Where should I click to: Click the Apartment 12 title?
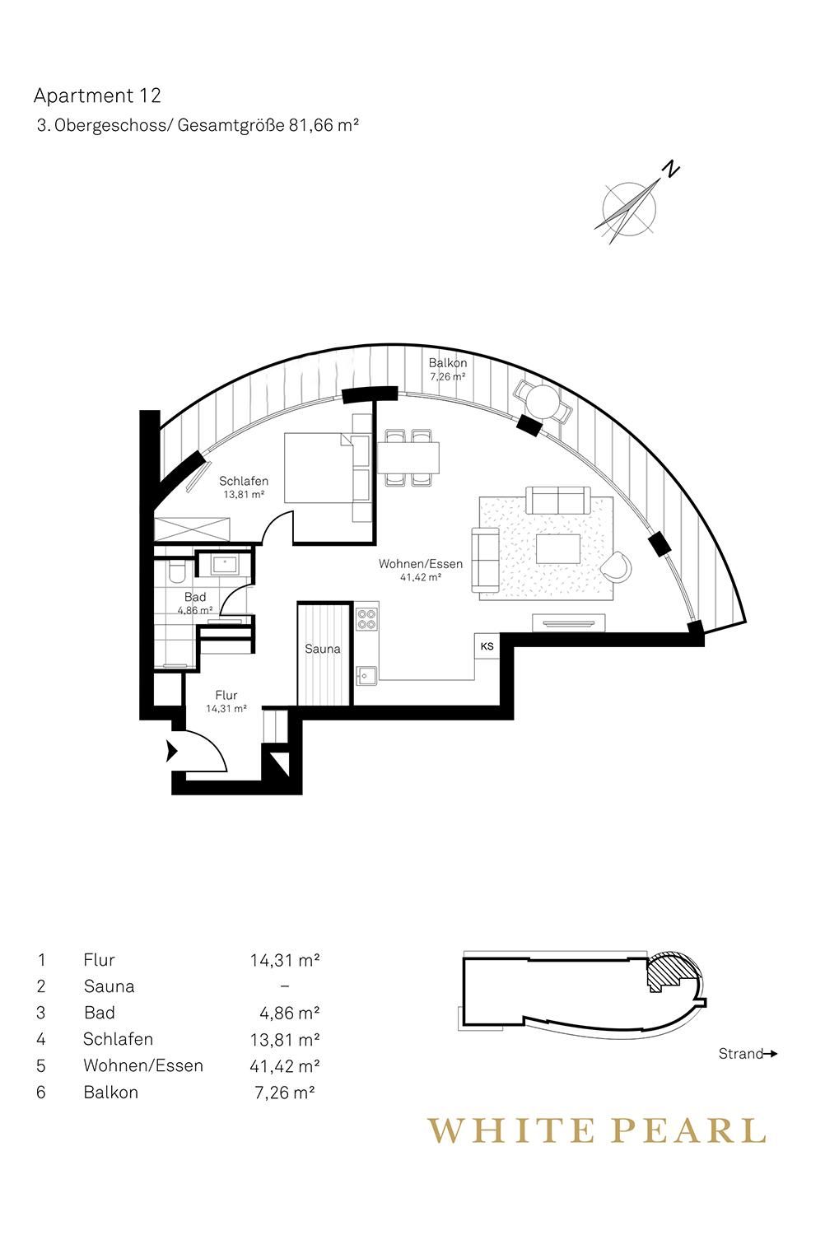click(97, 96)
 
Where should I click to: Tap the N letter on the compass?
click(671, 169)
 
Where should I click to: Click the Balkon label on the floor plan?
click(448, 363)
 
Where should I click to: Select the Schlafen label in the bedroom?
click(244, 481)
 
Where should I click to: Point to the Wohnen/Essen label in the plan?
click(421, 564)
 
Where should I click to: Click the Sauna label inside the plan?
click(323, 649)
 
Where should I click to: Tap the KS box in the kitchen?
click(487, 646)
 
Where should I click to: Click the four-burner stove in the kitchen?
click(366, 618)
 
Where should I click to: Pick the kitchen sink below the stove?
click(366, 675)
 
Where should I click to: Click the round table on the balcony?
click(542, 402)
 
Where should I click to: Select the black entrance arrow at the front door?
click(171, 751)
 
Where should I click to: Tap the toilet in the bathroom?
click(176, 573)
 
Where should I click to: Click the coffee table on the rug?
click(558, 548)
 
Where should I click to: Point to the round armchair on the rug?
click(617, 566)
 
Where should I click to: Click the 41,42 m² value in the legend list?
click(285, 1065)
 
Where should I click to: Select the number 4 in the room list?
click(41, 1039)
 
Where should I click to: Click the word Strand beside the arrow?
click(740, 1054)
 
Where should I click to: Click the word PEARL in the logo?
click(688, 1130)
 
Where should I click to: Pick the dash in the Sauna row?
click(285, 986)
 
